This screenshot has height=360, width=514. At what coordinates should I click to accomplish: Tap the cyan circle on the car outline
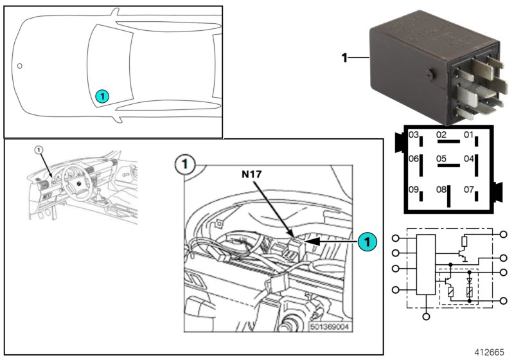point(102,96)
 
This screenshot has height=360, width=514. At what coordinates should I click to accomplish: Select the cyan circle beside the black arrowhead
point(366,242)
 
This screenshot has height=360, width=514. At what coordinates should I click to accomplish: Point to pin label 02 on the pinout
point(441,135)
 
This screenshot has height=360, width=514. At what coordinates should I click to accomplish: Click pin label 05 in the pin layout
point(441,158)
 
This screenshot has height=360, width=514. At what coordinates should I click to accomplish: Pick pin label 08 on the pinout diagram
point(441,190)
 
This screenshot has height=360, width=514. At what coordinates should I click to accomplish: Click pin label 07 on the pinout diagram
point(468,190)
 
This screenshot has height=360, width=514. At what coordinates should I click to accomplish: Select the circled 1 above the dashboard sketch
point(39,149)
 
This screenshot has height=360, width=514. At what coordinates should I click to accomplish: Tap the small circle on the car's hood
point(20,65)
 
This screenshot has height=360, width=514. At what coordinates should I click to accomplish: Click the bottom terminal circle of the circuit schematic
point(427,317)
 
